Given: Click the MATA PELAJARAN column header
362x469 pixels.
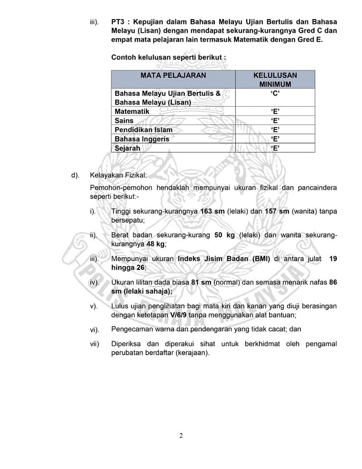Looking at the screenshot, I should coord(173,76).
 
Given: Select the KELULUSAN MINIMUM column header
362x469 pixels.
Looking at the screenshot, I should coord(275,80).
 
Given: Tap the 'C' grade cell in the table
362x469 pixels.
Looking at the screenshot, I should coord(275,93).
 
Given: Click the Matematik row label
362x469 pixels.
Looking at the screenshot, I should coord(132,111).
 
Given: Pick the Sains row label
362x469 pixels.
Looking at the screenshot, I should coord(124,121).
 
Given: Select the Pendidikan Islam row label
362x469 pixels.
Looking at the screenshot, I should coord(143,130).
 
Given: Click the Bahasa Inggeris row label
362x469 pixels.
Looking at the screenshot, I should coord(142,139).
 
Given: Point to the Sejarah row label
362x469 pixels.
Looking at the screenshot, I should coord(127,148).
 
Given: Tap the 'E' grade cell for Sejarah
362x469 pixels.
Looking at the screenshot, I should coord(275,148).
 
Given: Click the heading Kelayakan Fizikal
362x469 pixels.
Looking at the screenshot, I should coord(118,175).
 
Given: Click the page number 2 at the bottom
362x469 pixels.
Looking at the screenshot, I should coord(181,436).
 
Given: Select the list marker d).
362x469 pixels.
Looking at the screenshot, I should coord(75,175).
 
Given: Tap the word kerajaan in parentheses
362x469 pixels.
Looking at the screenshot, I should coord(194,353).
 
